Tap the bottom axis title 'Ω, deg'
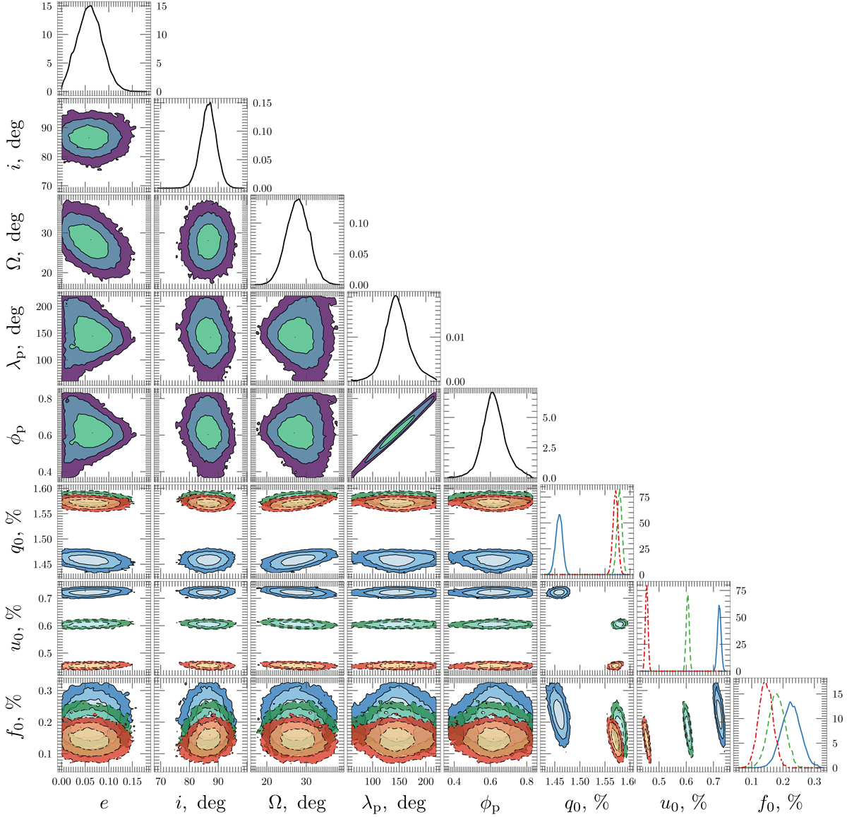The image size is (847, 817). tap(297, 801)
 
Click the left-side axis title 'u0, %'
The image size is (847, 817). tap(16, 627)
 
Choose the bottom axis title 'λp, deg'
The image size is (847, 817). tap(394, 803)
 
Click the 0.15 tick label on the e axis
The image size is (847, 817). tap(132, 781)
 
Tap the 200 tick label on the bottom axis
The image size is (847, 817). tap(425, 781)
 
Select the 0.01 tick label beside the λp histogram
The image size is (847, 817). tap(455, 337)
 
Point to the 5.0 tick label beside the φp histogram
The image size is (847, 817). tap(549, 417)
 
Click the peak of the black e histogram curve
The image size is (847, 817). tap(90, 6)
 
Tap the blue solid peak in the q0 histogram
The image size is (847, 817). tap(560, 515)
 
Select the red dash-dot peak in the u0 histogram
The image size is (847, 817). tap(647, 587)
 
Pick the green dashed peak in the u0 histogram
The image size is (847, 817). tap(687, 596)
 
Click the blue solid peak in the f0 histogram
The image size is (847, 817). tap(790, 703)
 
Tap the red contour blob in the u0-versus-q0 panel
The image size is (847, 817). tap(615, 665)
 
